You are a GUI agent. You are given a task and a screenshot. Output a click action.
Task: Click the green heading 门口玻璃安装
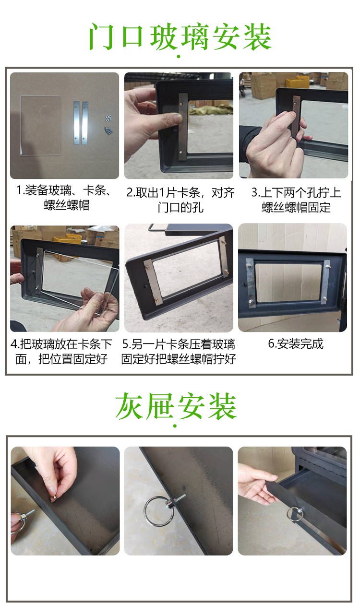pos(180,37)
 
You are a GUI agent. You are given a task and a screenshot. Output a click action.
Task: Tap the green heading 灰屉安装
pos(176,407)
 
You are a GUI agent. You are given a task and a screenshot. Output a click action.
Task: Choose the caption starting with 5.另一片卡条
pos(179,351)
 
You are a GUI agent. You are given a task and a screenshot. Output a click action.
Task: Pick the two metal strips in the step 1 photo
pos(82,123)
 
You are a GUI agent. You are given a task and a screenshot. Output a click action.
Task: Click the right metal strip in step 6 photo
pos(326,282)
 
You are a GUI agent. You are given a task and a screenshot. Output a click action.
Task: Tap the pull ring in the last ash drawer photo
pos(294,513)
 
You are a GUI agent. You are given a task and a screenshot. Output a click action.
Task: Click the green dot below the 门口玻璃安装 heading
pos(179,57)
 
